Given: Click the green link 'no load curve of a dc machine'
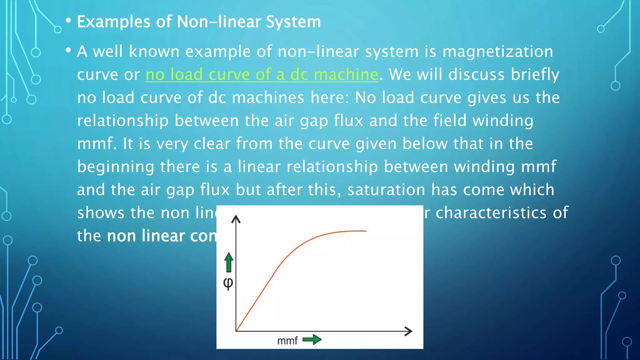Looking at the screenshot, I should pos(262,75).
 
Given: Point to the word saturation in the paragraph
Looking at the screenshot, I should pos(386,190).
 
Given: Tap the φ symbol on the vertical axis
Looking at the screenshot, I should pos(228,283).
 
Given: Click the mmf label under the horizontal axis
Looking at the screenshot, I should pos(287,340).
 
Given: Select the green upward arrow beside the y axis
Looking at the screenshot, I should pos(229,262).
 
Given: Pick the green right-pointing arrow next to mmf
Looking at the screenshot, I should pos(312,339).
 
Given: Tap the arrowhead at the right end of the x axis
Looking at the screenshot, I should pos(409,331).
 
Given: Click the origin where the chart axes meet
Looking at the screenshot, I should pos(236,331).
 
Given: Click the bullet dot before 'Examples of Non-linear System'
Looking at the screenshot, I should pos(68,21).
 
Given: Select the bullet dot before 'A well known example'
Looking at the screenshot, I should pos(68,50).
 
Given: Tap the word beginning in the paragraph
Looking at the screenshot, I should pos(116,167).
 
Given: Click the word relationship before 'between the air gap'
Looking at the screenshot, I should pos(123,121).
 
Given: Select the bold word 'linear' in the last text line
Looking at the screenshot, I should pos(162,236).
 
